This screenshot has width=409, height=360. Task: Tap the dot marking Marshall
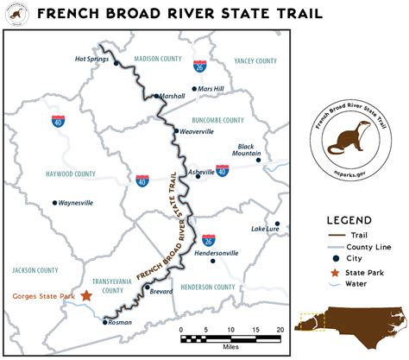coord(156,96)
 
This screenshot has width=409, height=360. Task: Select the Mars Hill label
coord(211,88)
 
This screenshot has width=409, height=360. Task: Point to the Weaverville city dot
coord(175,132)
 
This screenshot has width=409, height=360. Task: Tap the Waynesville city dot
coord(55,203)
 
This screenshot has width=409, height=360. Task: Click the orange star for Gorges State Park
coord(85,295)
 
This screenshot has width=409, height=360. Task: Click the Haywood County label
coord(71,174)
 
